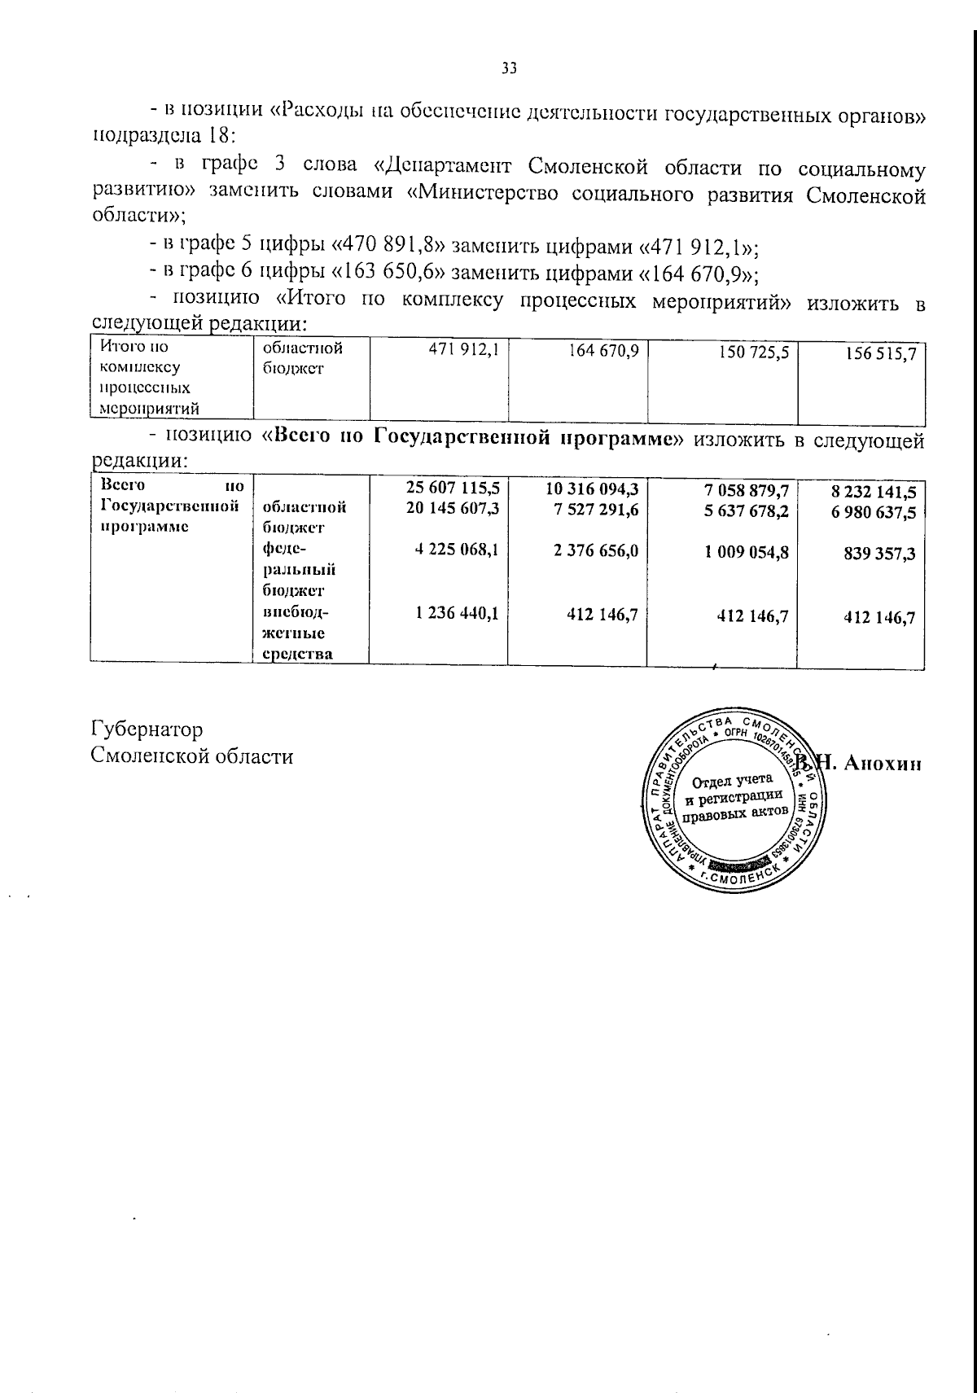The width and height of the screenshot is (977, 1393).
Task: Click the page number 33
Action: click(509, 69)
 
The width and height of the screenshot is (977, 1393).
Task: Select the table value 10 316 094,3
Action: click(590, 488)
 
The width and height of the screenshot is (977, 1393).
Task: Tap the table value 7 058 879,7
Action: click(747, 490)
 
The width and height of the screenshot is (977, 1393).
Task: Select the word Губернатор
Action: click(147, 729)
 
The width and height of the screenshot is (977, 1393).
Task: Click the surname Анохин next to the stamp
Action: click(883, 764)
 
